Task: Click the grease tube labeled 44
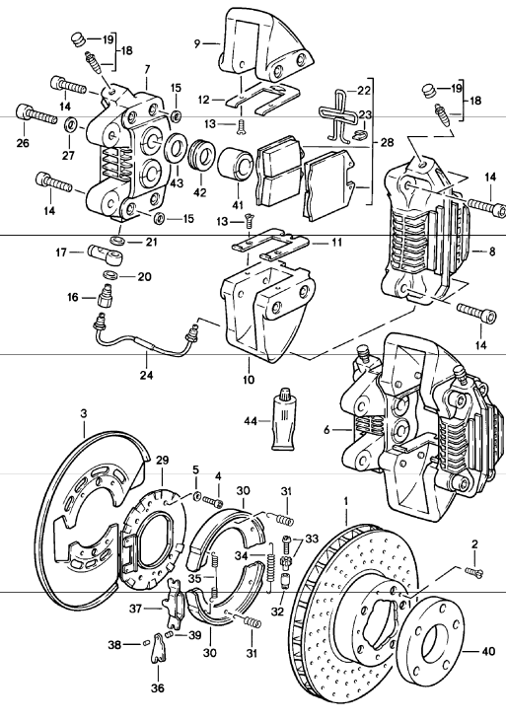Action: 284,418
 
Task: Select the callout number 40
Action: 487,651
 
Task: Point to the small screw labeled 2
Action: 474,571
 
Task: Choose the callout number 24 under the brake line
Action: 147,375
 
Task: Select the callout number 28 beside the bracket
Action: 387,142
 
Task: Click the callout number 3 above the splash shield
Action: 83,413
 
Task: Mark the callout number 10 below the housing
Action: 249,380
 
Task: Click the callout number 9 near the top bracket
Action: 197,43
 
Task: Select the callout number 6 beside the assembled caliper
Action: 327,430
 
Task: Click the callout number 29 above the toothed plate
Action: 163,460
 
